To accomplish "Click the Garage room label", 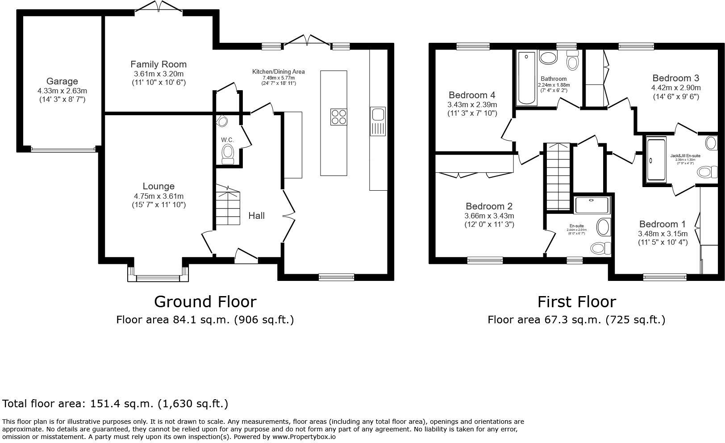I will click(62, 81).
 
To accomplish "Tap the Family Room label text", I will click(158, 64).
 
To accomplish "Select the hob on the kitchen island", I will click(339, 117).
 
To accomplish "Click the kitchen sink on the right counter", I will click(378, 115).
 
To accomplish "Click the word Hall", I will click(256, 216).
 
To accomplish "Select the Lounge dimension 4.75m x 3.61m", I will click(158, 196).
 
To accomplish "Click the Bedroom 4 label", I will click(472, 95).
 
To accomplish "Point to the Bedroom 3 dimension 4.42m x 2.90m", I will click(675, 88).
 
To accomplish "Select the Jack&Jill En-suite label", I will click(685, 156).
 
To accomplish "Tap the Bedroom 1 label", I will click(662, 224).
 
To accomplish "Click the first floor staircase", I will click(558, 177).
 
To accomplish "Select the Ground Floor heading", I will click(205, 302).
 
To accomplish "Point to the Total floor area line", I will click(115, 404).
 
